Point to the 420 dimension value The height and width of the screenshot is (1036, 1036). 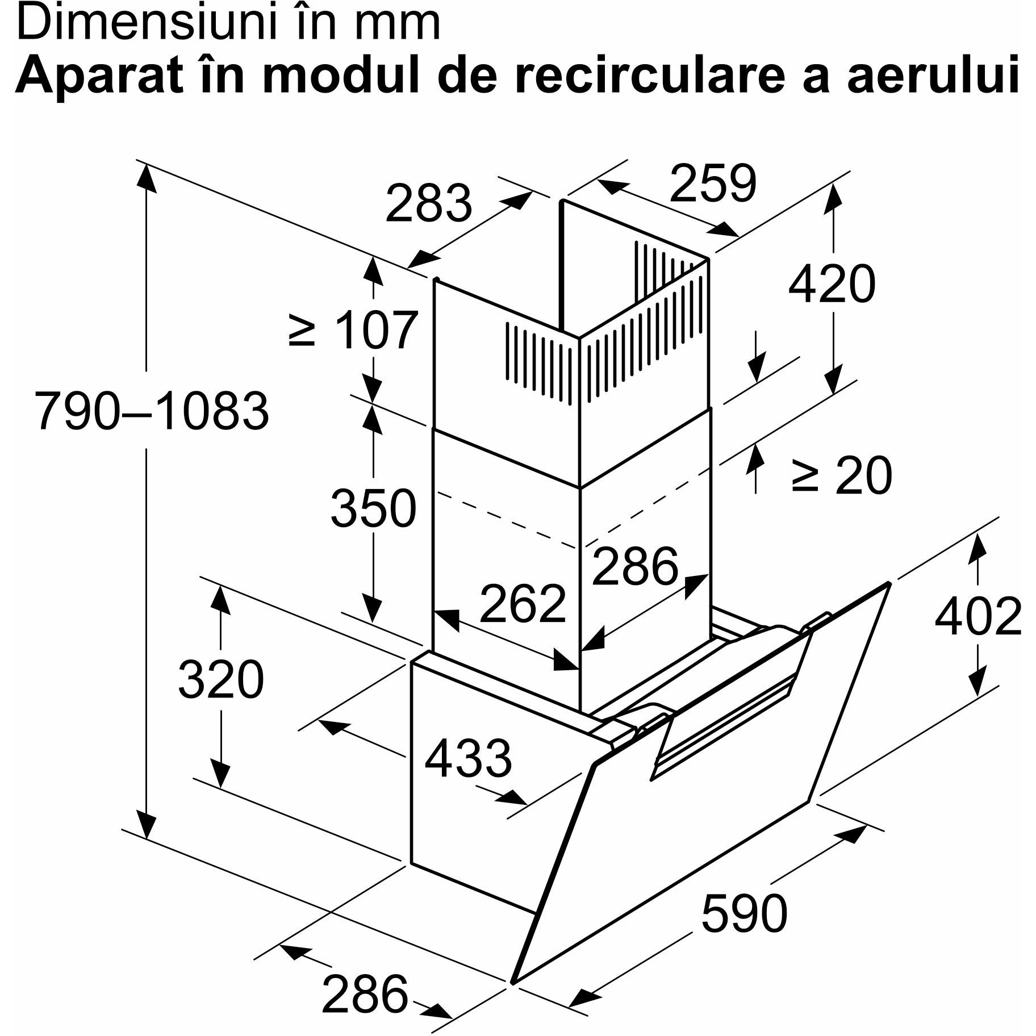(832, 283)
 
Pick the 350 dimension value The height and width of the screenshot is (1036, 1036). (373, 508)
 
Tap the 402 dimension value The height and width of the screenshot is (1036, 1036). (978, 616)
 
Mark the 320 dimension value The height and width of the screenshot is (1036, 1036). (221, 679)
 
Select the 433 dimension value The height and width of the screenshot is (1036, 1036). (468, 759)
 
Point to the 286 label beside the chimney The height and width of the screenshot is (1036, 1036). (635, 566)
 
